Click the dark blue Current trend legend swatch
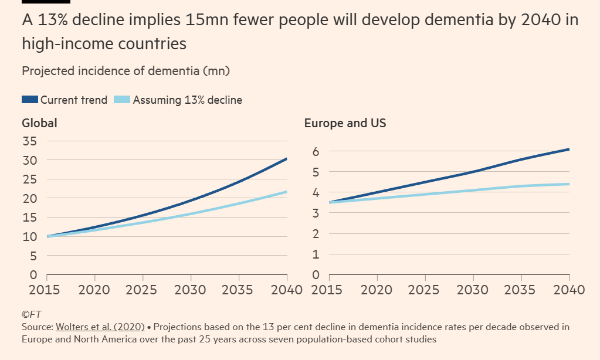tap(30, 100)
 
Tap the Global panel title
tap(39, 123)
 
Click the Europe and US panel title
tap(345, 123)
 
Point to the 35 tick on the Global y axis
tap(29, 141)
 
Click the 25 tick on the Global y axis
tap(29, 179)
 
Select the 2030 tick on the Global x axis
tap(191, 289)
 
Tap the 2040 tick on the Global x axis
tap(286, 289)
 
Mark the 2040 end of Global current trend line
tap(286, 159)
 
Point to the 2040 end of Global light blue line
tap(286, 192)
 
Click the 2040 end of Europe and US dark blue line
tap(569, 150)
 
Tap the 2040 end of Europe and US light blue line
tap(569, 184)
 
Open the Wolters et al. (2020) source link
tap(100, 327)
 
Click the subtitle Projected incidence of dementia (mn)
tap(126, 71)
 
